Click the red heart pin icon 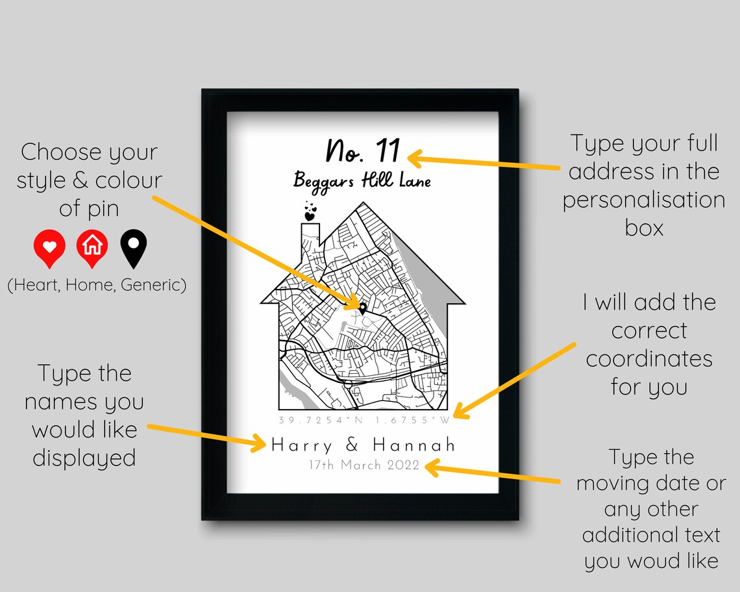click(x=50, y=247)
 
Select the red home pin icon click(x=92, y=247)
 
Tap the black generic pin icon click(x=134, y=248)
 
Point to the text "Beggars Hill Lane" click(x=362, y=180)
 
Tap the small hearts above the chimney click(x=310, y=212)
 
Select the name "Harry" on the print click(x=302, y=445)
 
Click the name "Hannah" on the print click(x=414, y=445)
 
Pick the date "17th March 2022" click(x=364, y=465)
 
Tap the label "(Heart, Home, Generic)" click(x=97, y=284)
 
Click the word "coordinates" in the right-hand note click(x=649, y=359)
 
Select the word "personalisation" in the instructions click(x=643, y=200)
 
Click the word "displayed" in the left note click(x=84, y=458)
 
